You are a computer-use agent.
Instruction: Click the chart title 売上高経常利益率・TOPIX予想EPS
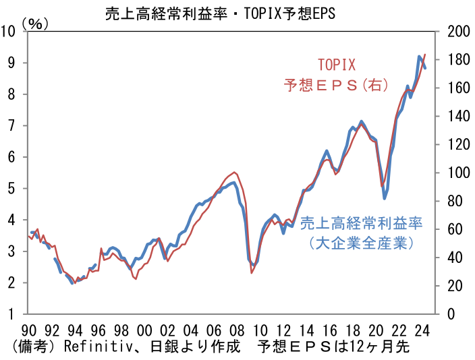pyautogui.click(x=220, y=13)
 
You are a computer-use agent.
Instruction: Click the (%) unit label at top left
pyautogui.click(x=34, y=23)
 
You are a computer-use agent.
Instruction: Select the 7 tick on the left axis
pyautogui.click(x=12, y=125)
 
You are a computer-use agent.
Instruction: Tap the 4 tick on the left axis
pyautogui.click(x=12, y=220)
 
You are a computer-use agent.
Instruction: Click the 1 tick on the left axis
pyautogui.click(x=12, y=314)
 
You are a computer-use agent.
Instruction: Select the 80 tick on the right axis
pyautogui.click(x=455, y=201)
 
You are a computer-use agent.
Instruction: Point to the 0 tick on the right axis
pyautogui.click(x=451, y=314)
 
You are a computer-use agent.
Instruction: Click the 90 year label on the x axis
pyautogui.click(x=28, y=330)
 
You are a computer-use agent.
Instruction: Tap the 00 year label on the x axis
pyautogui.click(x=143, y=330)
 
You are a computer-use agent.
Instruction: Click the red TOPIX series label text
pyautogui.click(x=336, y=66)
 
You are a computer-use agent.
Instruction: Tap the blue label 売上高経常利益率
pyautogui.click(x=361, y=223)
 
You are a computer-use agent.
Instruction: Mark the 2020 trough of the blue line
pyautogui.click(x=385, y=198)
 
